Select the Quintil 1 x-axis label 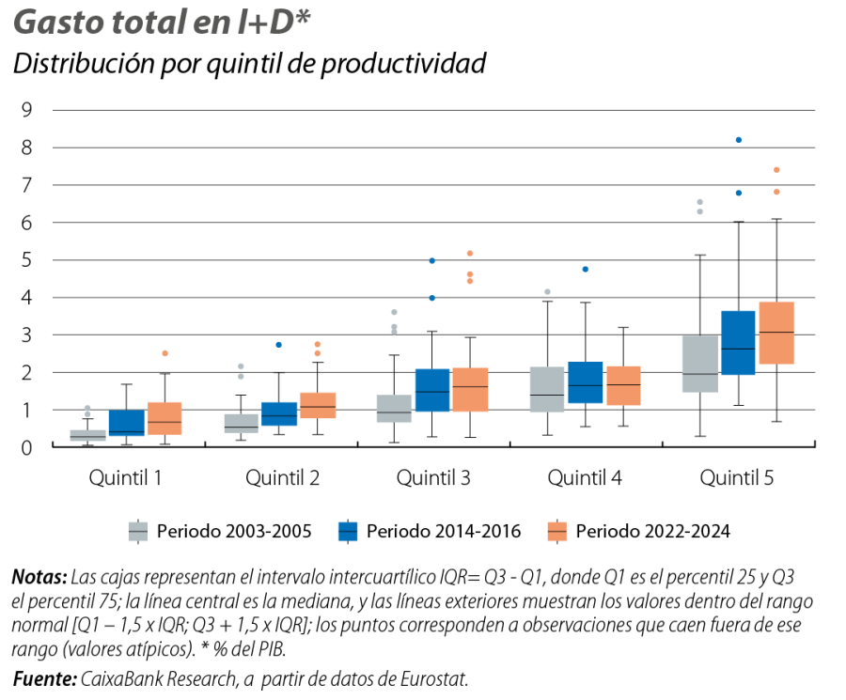pyautogui.click(x=125, y=478)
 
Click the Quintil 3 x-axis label pyautogui.click(x=433, y=478)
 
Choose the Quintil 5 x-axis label pyautogui.click(x=737, y=478)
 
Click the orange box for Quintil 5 pyautogui.click(x=776, y=333)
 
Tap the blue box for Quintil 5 pyautogui.click(x=738, y=342)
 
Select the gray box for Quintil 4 pyautogui.click(x=547, y=389)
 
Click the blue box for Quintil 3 pyautogui.click(x=433, y=389)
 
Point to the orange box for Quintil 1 pyautogui.click(x=164, y=418)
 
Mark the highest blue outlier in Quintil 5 pyautogui.click(x=739, y=140)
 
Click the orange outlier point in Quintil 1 pyautogui.click(x=165, y=353)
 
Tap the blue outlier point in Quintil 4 pyautogui.click(x=586, y=269)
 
